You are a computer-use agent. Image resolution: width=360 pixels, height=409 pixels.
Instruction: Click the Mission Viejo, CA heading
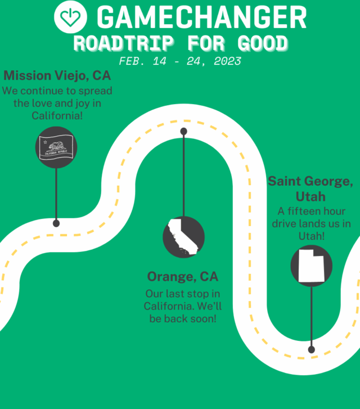click(57, 75)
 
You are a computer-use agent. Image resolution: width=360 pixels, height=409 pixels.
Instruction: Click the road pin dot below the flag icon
click(56, 223)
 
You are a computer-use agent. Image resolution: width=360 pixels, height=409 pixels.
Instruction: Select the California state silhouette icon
click(183, 237)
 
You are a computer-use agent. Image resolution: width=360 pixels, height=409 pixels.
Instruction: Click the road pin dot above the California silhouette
click(183, 132)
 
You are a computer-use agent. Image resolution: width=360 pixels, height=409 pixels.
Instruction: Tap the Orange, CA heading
click(183, 277)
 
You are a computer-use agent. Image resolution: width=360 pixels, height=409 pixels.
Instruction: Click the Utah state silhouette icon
click(311, 266)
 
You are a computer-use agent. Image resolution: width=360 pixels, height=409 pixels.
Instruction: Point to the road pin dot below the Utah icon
click(312, 349)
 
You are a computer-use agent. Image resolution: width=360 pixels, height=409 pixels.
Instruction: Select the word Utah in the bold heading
click(311, 197)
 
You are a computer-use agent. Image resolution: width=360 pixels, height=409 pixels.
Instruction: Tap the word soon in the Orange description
click(201, 318)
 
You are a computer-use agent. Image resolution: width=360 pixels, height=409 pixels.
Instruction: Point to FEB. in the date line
click(131, 61)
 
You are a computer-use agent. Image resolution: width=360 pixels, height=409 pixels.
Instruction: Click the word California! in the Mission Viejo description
click(57, 115)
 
